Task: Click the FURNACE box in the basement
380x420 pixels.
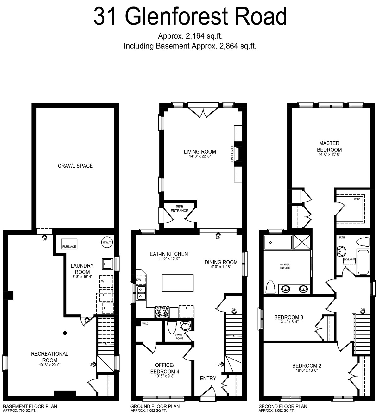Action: (x=69, y=244)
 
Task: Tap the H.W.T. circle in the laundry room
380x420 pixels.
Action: (x=107, y=242)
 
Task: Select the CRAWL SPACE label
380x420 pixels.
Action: (x=75, y=166)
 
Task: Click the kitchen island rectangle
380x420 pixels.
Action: (x=178, y=283)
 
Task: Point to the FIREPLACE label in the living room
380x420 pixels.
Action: (x=232, y=155)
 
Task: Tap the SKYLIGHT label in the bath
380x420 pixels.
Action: (x=349, y=259)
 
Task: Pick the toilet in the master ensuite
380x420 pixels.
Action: (x=270, y=287)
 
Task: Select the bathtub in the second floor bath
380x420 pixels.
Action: (x=363, y=262)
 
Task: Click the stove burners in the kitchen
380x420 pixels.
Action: (x=161, y=312)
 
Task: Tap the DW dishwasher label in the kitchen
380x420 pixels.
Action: (x=139, y=280)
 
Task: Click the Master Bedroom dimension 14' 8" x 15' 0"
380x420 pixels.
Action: (x=329, y=154)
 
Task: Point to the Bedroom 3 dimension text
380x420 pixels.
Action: (x=288, y=322)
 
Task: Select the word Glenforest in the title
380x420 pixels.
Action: (x=176, y=16)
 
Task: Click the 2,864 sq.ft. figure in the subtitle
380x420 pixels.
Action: (x=238, y=46)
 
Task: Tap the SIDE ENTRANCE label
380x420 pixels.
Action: (x=179, y=208)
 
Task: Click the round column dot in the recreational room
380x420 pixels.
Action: (x=65, y=333)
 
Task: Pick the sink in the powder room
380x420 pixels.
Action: (x=185, y=326)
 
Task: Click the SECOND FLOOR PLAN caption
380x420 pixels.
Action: (x=283, y=406)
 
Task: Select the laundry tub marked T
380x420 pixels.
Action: (x=107, y=264)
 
